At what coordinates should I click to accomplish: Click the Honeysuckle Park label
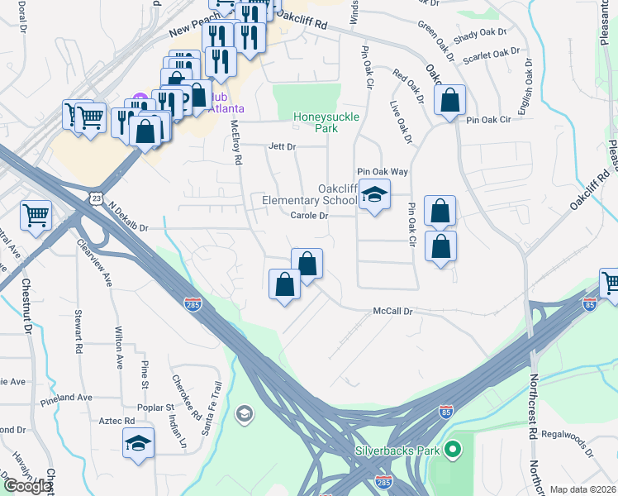[326, 122]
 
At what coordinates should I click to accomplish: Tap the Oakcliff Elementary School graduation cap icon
[374, 195]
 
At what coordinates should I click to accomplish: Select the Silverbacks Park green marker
[452, 451]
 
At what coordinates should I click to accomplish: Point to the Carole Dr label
[310, 216]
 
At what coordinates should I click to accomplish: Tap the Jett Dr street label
[282, 146]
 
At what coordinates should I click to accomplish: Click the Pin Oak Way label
[383, 171]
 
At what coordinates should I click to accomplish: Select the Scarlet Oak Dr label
[491, 56]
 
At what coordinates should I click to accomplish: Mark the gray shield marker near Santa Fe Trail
[244, 413]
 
